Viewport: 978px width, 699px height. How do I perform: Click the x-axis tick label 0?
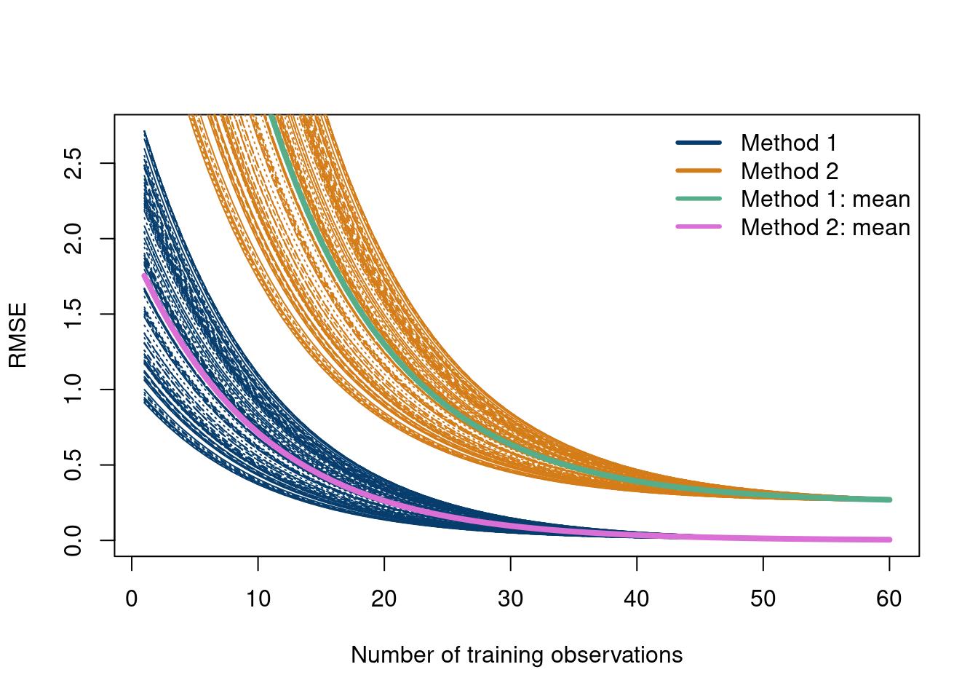coord(132,599)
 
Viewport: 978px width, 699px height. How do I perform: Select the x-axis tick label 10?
coord(258,599)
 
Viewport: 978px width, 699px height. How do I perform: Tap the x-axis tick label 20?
coord(384,599)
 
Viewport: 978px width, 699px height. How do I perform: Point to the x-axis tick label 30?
coord(510,599)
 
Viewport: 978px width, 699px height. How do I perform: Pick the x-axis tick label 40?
coord(637,599)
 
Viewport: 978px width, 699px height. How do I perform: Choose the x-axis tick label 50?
coord(763,599)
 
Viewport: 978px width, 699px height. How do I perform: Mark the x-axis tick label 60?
coord(889,599)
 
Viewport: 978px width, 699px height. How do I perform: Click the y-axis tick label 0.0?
coord(73,540)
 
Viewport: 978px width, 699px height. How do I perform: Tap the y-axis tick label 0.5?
coord(73,465)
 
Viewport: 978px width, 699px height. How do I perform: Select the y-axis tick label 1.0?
coord(73,390)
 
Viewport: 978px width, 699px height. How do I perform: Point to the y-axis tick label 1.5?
coord(73,314)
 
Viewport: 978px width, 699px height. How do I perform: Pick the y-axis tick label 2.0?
coord(73,238)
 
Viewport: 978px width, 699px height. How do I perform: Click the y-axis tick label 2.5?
coord(73,163)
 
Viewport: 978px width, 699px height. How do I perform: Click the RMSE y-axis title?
coord(17,335)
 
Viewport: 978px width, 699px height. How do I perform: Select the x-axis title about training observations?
coord(517,655)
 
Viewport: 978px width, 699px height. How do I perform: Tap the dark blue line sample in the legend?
coord(699,143)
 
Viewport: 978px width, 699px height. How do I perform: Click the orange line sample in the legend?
coord(699,171)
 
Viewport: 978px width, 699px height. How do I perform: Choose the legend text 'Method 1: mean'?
coord(825,199)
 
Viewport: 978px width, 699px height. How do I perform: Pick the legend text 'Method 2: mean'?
coord(825,227)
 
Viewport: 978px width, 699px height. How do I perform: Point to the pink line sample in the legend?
coord(699,227)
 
